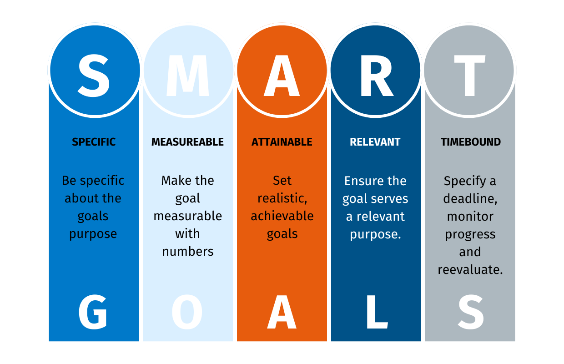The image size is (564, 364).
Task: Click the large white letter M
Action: click(188, 76)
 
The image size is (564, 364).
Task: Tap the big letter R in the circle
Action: click(377, 76)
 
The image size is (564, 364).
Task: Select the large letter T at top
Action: click(469, 76)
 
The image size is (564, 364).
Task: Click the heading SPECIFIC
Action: click(94, 142)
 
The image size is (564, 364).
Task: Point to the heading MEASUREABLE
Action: click(187, 142)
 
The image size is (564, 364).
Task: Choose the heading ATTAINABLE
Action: click(282, 142)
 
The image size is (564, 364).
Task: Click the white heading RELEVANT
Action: click(375, 142)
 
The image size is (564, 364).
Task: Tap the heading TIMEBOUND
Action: click(471, 142)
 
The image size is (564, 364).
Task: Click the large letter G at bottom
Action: click(93, 312)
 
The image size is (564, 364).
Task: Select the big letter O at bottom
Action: click(187, 312)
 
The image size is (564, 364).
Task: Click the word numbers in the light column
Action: click(188, 252)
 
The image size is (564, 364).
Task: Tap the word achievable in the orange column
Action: click(282, 216)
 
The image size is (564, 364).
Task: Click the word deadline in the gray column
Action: click(468, 198)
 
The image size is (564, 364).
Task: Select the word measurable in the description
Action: click(187, 216)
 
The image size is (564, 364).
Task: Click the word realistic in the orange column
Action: click(281, 198)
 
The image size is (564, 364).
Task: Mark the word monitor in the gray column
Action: click(470, 217)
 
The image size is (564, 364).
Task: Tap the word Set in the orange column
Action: click(282, 180)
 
